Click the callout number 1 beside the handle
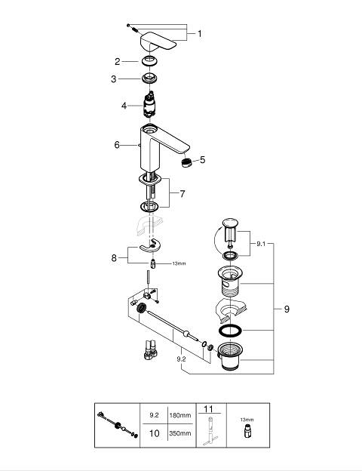tap(200, 34)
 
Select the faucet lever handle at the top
tap(158, 44)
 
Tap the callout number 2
tap(118, 62)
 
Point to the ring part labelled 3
tap(149, 78)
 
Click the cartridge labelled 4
tap(149, 106)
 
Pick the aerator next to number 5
tap(187, 162)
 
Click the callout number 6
tap(117, 145)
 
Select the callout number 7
tap(183, 194)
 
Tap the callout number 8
tap(114, 257)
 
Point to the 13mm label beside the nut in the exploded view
tap(179, 263)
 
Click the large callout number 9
tap(287, 309)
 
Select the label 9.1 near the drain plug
tap(261, 244)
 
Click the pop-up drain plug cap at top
tap(230, 223)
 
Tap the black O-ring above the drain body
tap(230, 331)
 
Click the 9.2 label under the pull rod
tap(181, 359)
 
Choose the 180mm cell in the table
tap(180, 415)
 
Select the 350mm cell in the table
tap(180, 433)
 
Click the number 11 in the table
tap(208, 409)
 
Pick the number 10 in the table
tap(155, 433)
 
